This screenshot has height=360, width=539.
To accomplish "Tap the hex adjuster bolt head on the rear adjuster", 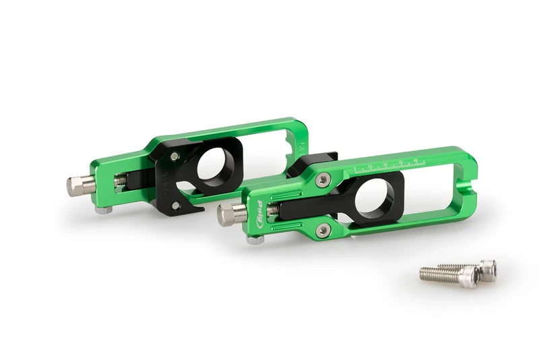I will pos(76,186).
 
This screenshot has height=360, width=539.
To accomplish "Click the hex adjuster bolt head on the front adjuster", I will pos(228,214).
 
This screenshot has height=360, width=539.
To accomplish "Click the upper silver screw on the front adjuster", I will pos(323,179).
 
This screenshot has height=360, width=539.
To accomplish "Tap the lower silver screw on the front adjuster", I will pos(324,231).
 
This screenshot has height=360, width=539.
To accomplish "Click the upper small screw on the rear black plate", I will pos(175,156).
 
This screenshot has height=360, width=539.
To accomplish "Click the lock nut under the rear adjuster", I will pos(102,210).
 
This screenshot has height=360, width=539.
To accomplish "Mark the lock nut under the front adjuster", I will pos(255,238).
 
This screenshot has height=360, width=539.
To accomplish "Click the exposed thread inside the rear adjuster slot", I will pos(121,181).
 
